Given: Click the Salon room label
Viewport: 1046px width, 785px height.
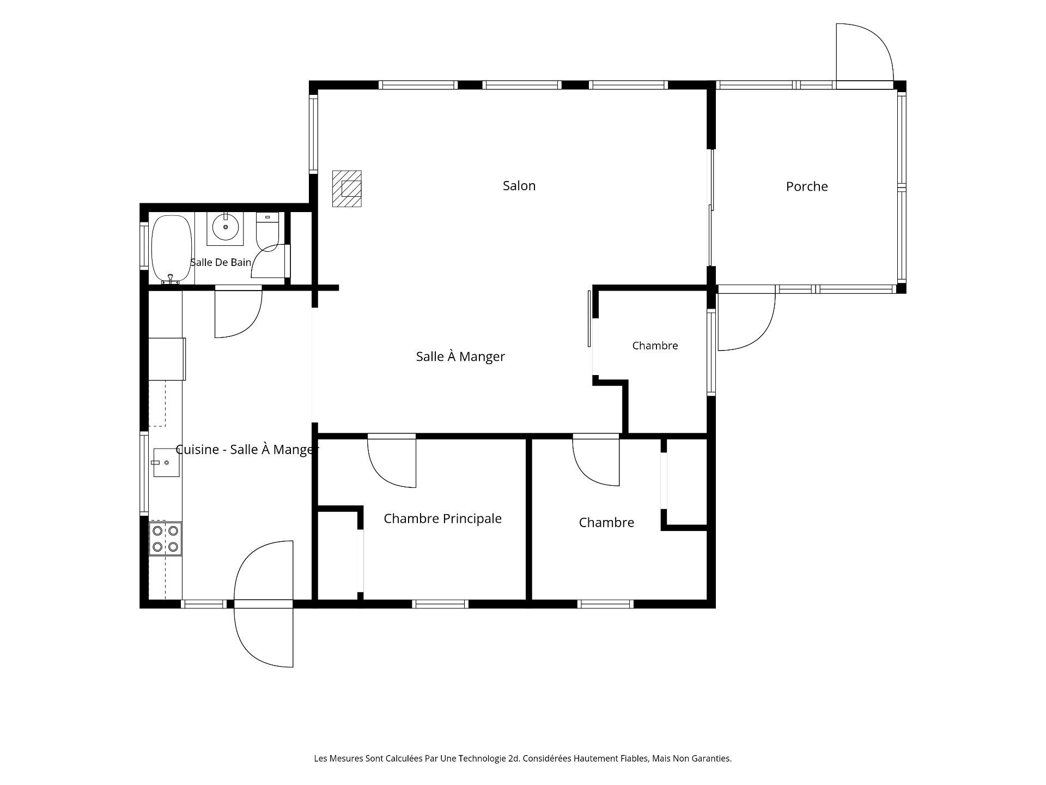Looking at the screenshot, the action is (x=519, y=186).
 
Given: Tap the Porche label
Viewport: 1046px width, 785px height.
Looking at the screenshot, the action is (x=807, y=186).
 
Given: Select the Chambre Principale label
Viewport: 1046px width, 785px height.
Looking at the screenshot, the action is (x=442, y=518).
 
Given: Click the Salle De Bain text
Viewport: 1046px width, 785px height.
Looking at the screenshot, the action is (x=221, y=262).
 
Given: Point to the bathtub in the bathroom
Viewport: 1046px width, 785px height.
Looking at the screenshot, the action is (x=172, y=249).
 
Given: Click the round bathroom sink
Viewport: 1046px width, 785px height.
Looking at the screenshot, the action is (x=225, y=227).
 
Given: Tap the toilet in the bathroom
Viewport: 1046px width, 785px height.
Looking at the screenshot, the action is (x=267, y=232).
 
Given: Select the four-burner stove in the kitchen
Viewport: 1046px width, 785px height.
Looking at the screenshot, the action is (x=166, y=539).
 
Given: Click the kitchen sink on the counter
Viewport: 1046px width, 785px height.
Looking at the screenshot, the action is (x=166, y=462).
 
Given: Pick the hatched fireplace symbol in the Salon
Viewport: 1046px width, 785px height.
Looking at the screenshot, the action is (x=347, y=189).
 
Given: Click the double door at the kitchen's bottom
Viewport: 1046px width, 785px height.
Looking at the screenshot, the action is (x=264, y=603).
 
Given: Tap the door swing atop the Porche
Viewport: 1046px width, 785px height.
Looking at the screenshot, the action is (x=865, y=55).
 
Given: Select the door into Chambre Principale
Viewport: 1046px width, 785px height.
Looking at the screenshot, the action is (x=392, y=461).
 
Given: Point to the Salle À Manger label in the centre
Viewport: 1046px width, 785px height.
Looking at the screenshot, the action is (x=460, y=357).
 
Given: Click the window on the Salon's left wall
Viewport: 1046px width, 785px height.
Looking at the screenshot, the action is (x=313, y=134).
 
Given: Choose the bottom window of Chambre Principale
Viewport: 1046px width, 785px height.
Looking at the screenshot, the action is (x=440, y=603).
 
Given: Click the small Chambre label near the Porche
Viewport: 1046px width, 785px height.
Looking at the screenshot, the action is (x=655, y=346).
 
